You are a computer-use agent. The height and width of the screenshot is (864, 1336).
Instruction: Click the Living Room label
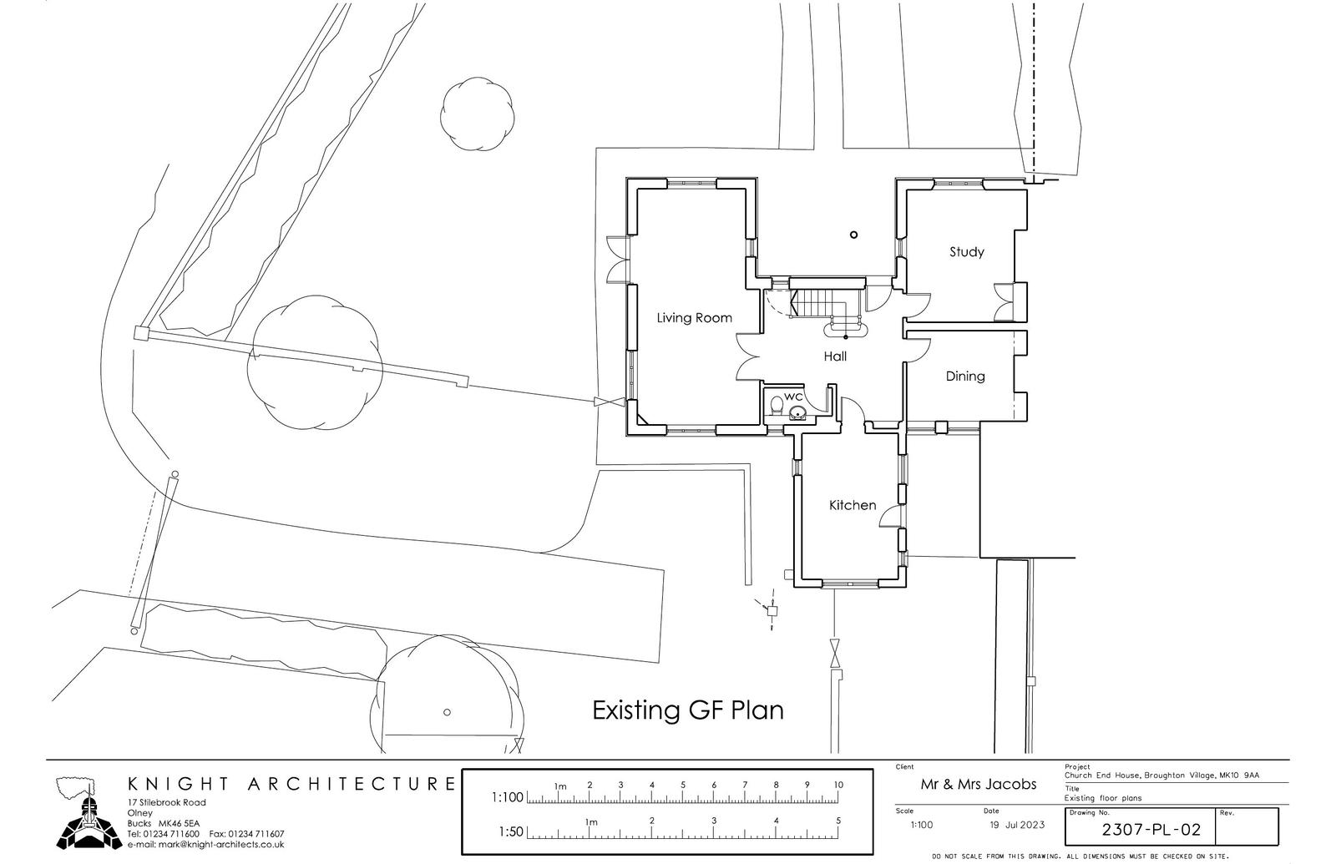694,318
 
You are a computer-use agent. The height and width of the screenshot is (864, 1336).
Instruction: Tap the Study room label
966,252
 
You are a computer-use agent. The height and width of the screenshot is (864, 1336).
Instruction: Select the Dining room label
965,376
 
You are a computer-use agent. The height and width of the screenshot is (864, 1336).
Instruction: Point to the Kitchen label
853,505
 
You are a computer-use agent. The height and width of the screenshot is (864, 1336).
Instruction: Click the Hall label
835,356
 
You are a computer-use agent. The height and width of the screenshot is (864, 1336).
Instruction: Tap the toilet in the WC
777,406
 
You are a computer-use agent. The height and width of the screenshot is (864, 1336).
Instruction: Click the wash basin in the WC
797,412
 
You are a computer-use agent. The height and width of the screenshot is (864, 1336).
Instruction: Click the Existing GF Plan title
688,710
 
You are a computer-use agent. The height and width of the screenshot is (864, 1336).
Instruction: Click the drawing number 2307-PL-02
1151,830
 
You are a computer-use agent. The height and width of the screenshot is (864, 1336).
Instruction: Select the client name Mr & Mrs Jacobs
978,784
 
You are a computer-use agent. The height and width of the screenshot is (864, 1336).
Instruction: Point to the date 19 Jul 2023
1017,825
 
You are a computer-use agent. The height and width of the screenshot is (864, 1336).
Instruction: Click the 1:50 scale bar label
510,831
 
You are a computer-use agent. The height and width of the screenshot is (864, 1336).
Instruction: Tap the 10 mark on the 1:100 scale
838,785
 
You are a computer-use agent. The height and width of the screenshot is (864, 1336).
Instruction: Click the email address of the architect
205,844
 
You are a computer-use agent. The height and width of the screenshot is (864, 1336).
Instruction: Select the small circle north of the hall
853,235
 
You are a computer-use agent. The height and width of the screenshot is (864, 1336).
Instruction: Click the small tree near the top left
477,114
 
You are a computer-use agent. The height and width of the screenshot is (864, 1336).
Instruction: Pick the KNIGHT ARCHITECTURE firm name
291,784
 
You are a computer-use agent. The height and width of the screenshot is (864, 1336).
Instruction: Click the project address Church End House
1161,776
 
